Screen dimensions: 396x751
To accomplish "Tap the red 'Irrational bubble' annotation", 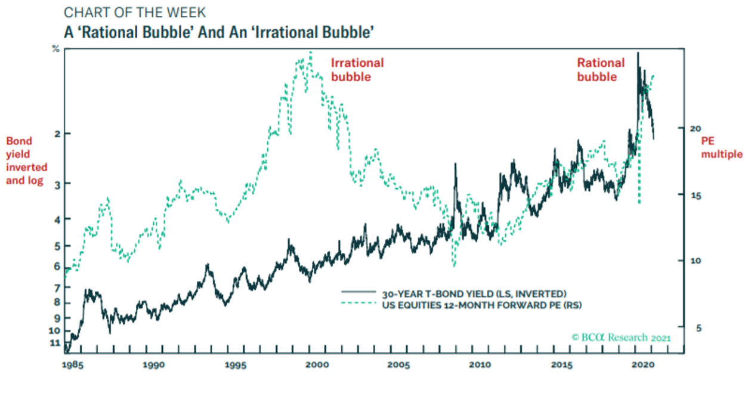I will click(x=357, y=70).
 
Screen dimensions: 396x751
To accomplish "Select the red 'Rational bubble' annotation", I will click(x=601, y=70).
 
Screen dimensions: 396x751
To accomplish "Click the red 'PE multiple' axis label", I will click(x=720, y=148).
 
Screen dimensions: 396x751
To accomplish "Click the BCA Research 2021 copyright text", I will click(x=621, y=338).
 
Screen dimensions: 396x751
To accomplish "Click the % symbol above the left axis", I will click(x=56, y=49).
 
